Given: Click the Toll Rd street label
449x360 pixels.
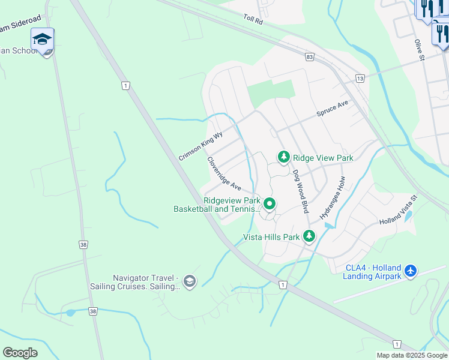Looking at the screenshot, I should [x=254, y=20].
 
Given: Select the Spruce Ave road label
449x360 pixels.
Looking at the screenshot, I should [x=333, y=109].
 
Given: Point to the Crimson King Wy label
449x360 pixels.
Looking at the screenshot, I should [x=200, y=146].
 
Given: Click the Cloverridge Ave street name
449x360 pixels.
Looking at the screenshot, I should [x=224, y=174].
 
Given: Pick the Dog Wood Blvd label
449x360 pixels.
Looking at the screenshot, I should [x=300, y=191].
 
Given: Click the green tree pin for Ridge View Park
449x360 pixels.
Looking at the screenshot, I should [x=283, y=157].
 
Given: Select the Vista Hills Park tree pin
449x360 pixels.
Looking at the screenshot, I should [x=309, y=236].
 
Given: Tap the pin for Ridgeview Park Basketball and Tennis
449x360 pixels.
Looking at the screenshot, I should [x=270, y=205].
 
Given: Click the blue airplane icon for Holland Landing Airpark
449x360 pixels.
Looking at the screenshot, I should [x=411, y=271].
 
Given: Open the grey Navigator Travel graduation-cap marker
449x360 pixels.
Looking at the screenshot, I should [x=190, y=281].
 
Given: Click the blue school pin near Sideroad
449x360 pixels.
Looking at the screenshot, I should [x=42, y=39].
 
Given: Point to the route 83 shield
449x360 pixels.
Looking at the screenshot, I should [x=309, y=56].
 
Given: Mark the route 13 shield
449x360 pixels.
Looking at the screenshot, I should [x=360, y=79].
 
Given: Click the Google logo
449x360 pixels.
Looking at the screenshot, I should [x=20, y=353].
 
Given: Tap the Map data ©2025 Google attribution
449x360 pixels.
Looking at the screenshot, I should [x=412, y=355].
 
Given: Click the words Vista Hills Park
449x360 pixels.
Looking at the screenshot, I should [x=271, y=237].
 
